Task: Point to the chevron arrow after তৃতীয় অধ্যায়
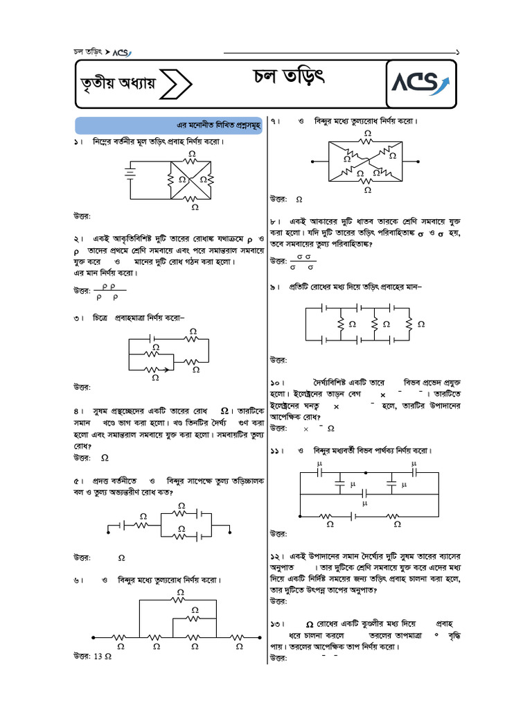180,85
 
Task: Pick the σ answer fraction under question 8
301,261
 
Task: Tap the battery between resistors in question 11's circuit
355,516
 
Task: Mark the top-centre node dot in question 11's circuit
366,472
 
